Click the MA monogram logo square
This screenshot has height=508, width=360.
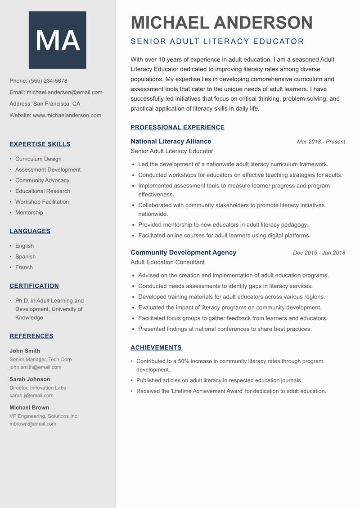coord(57,40)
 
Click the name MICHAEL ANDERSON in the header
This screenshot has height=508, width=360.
coord(221,22)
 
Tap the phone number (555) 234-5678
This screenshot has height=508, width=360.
coord(48,81)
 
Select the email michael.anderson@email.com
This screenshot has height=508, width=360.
coord(64,92)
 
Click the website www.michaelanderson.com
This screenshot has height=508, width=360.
coord(67,115)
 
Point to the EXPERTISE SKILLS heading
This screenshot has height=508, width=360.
coord(40,144)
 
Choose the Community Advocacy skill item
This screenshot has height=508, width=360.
coord(42,180)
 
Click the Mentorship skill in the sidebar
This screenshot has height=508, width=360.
coord(29,213)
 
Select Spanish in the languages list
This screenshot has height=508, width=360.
coord(25,257)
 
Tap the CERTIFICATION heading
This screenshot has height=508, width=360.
coord(34,286)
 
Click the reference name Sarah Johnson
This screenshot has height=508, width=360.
coord(30,379)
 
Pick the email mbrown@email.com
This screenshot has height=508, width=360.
coord(33,423)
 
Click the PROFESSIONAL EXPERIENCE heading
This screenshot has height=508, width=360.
coord(177,127)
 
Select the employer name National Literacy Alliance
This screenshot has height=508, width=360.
coord(171,141)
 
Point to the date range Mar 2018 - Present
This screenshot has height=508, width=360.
coord(321,142)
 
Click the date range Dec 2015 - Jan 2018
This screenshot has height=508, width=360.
coord(319,253)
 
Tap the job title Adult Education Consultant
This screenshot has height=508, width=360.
coord(167,262)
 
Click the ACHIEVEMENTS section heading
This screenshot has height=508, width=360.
coord(156,348)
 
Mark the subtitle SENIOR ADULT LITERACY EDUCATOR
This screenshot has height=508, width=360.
coord(217,41)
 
